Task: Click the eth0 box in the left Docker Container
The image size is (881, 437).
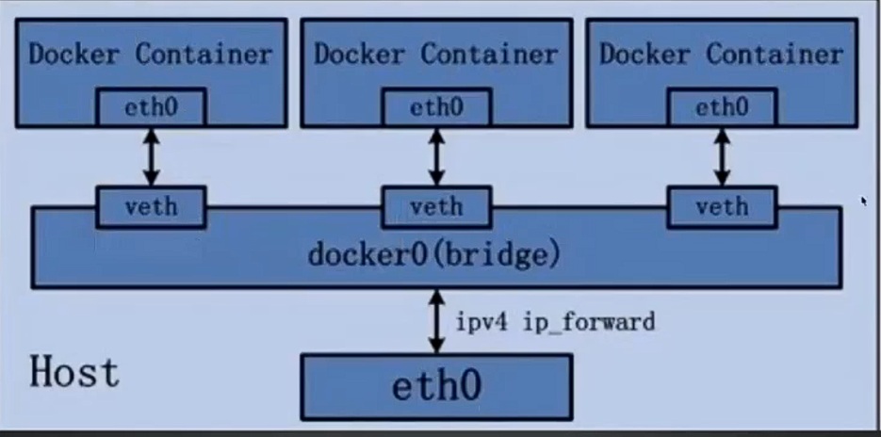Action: coord(151,108)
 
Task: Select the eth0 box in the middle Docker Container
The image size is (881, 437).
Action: coord(436,108)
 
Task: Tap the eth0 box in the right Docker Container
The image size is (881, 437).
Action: coord(722,108)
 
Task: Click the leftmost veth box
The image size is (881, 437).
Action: coord(151,206)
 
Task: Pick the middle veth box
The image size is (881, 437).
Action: coord(436,206)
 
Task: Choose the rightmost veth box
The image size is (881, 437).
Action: coord(722,206)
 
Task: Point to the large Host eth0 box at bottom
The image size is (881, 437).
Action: coord(436,386)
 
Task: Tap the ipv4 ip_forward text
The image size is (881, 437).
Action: coord(555,322)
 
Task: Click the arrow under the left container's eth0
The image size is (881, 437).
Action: coord(151,157)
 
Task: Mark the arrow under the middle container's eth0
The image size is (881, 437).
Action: coord(436,157)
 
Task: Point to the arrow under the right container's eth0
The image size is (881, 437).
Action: coord(722,157)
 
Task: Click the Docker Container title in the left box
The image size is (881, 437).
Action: coord(151,55)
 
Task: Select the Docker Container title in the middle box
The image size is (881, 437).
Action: coord(436,55)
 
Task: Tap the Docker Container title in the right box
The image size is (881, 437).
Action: coord(722,55)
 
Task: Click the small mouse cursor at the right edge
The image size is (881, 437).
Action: coord(863,200)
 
